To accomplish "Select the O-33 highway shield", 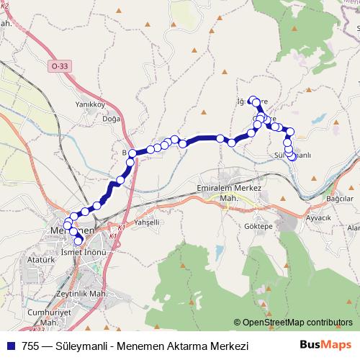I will click(x=60, y=66).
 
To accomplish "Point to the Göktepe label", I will click(x=257, y=225).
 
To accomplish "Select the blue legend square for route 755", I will click(x=10, y=346).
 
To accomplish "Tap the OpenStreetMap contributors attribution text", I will click(x=297, y=323).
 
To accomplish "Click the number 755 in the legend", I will click(x=30, y=346).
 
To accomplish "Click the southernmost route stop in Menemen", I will click(x=78, y=240).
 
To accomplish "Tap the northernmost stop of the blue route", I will click(x=253, y=100).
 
